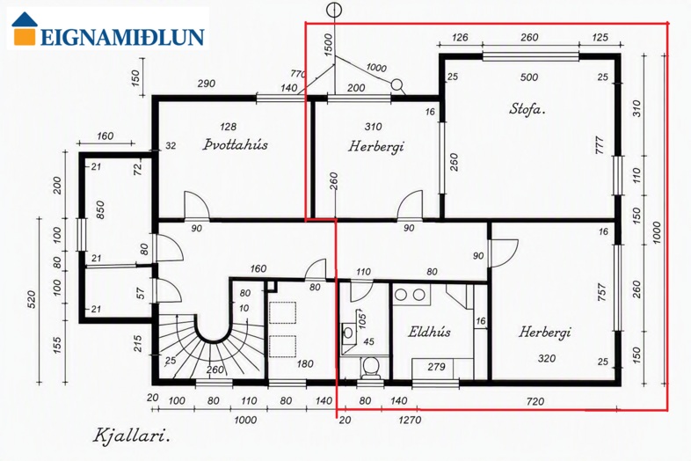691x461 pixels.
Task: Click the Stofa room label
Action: tap(527, 108)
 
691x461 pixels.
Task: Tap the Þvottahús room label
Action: tap(236, 144)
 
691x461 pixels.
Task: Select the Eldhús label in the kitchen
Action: tap(429, 332)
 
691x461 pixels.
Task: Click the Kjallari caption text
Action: tap(131, 435)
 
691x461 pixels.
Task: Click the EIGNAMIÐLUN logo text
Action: tap(122, 38)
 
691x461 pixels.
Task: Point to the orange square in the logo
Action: tap(25, 36)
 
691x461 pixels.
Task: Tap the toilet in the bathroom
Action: tap(370, 368)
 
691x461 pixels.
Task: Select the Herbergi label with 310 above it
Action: tap(376, 146)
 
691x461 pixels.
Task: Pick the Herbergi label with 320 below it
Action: tap(545, 332)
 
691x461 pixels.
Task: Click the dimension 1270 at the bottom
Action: tap(410, 419)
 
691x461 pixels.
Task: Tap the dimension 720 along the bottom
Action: tap(535, 401)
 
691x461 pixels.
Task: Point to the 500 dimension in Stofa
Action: tap(529, 77)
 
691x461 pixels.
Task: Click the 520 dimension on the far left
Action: tap(32, 299)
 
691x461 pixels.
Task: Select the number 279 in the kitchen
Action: tap(436, 367)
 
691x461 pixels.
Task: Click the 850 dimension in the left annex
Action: tap(100, 210)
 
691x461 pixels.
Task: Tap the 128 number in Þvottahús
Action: tap(228, 127)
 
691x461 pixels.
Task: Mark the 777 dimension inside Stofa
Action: tap(600, 145)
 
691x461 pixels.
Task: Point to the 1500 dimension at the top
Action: tap(328, 45)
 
